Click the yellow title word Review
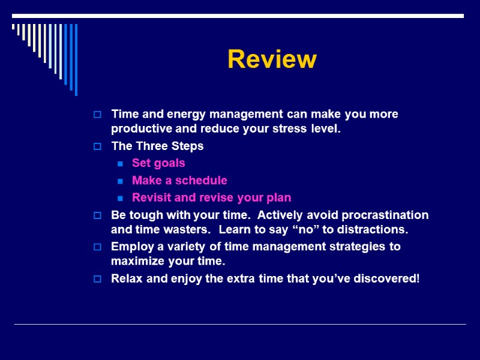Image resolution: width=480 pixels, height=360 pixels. [x=272, y=59]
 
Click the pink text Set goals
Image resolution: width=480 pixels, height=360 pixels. [x=158, y=163]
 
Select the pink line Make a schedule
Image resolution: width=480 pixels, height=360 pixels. [x=179, y=180]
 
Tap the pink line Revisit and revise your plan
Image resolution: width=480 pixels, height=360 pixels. [x=211, y=197]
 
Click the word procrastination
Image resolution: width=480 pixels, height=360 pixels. [x=385, y=215]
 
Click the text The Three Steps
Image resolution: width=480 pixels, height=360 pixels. [x=157, y=146]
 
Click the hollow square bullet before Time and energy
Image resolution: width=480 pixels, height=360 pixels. [x=98, y=115]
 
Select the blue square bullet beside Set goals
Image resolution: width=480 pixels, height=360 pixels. [x=121, y=163]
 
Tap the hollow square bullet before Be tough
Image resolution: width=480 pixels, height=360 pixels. [x=98, y=215]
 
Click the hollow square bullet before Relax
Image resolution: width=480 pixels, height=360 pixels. [x=98, y=279]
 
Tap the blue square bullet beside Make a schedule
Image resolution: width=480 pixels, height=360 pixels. [x=121, y=181]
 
